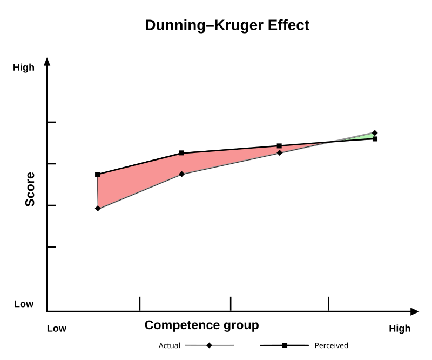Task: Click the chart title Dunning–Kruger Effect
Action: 227,25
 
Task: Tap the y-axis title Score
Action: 30,189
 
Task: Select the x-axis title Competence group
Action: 201,325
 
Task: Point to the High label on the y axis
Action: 24,68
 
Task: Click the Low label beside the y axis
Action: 24,304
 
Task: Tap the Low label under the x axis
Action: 57,329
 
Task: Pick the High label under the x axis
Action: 400,329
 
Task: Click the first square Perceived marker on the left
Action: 98,175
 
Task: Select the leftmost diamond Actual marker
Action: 98,208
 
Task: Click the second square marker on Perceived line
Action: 181,153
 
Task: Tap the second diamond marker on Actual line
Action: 181,174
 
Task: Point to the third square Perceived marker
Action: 279,146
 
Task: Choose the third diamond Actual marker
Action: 279,153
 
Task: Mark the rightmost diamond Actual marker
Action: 375,133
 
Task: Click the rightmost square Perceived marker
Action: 375,139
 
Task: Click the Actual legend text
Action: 169,346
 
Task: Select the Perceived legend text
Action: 331,346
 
